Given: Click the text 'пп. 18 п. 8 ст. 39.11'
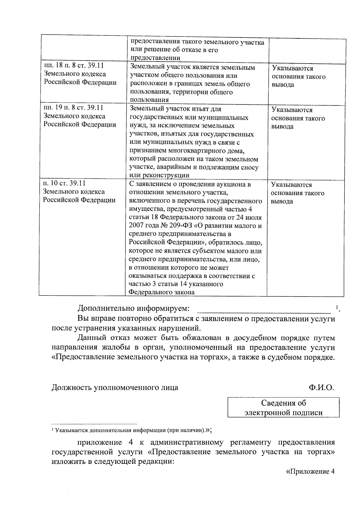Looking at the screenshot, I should (x=74, y=66).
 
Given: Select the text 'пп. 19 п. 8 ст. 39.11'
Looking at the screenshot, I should (x=73, y=107).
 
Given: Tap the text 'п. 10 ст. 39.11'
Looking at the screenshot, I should (x=64, y=183).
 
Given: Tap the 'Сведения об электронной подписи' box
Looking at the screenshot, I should (x=283, y=408).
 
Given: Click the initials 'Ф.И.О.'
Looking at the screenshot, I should (x=321, y=387).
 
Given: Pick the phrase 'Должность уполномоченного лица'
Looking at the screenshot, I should (x=115, y=387).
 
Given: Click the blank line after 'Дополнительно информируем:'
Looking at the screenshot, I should (x=263, y=309).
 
